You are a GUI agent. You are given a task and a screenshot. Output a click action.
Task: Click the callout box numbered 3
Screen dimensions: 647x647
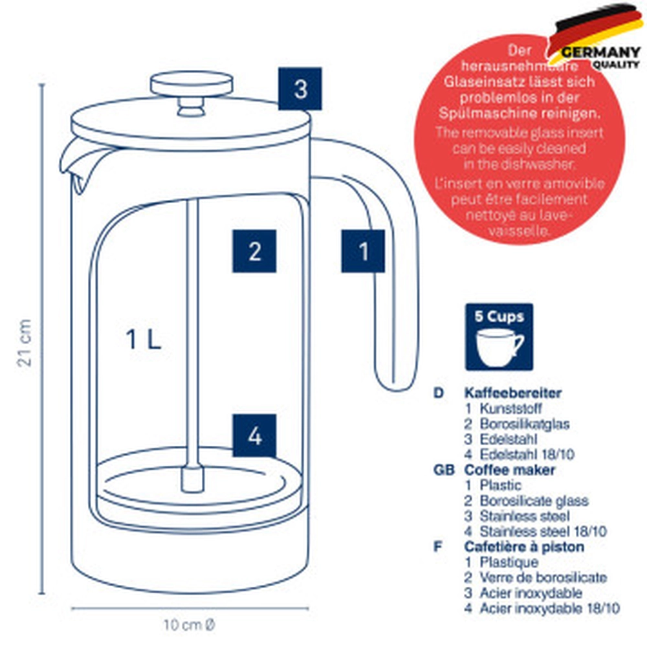[x=300, y=89]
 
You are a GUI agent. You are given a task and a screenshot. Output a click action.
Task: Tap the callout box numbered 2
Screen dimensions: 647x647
[x=254, y=251]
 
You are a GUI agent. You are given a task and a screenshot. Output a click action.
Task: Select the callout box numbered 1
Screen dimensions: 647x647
[x=363, y=251]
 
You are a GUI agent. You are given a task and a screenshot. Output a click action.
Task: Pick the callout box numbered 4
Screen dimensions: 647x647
[x=254, y=435]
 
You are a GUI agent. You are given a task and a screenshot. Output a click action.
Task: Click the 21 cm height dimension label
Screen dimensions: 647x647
[x=25, y=342]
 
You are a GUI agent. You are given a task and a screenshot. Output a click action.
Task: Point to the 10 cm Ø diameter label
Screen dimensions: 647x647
[x=190, y=625]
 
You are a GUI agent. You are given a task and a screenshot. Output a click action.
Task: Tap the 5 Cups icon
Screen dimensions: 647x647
[x=499, y=337]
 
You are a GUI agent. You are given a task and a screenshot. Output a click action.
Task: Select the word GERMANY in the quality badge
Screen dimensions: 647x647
[x=601, y=52]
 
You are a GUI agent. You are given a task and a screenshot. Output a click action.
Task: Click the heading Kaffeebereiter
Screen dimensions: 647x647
[x=513, y=393]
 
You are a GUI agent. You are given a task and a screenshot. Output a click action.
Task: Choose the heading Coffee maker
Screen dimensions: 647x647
[x=510, y=470]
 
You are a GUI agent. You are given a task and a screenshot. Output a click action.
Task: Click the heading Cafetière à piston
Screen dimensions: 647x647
[x=524, y=547]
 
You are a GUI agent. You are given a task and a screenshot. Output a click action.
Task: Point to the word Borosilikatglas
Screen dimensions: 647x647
[x=525, y=424]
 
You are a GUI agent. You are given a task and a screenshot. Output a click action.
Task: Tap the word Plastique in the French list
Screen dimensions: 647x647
[x=509, y=562]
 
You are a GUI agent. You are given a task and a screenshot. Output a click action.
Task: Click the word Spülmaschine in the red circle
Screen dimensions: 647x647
[x=483, y=113]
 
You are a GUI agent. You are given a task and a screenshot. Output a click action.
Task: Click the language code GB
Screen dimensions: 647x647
[x=444, y=470]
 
